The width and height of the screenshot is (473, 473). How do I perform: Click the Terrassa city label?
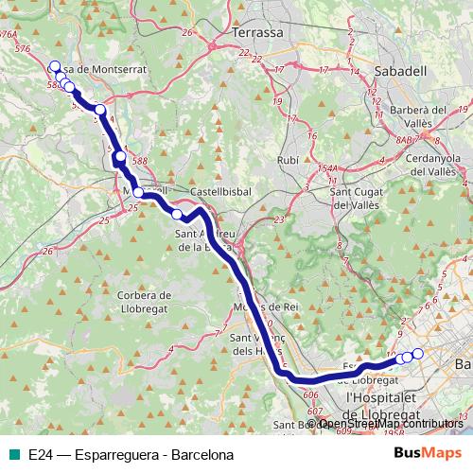(256, 31)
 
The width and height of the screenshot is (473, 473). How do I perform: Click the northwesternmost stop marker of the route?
(53, 67)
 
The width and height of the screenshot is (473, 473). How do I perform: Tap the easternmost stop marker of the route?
(417, 354)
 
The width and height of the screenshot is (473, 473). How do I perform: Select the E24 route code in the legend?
(39, 454)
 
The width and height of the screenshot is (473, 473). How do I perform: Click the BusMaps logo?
(428, 453)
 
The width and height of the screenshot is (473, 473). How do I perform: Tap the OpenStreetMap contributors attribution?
(389, 424)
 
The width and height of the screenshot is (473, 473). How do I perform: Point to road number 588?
(140, 162)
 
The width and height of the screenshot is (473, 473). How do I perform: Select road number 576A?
(10, 34)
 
